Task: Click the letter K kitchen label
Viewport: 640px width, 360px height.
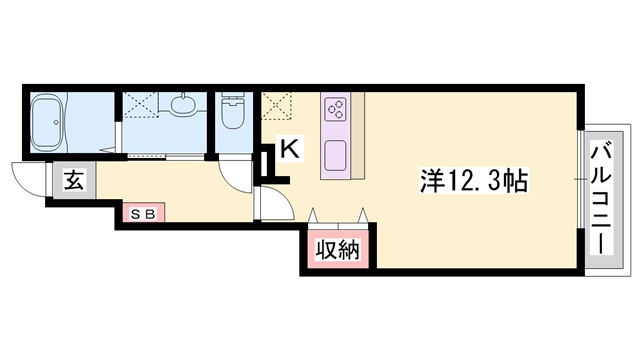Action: [x=289, y=148]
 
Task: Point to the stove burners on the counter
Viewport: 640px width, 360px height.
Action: [x=335, y=106]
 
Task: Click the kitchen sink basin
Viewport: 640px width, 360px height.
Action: [x=335, y=156]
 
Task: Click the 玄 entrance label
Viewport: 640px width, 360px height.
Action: [x=73, y=182]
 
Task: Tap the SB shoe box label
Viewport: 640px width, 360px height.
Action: [x=140, y=213]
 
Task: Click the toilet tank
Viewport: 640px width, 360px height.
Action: [x=233, y=100]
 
